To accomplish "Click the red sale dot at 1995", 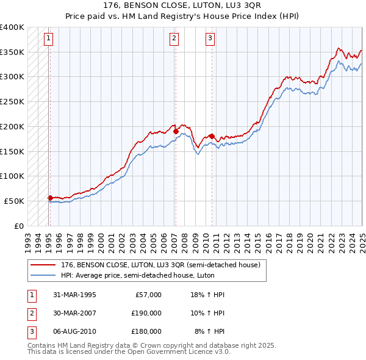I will (x=50, y=197).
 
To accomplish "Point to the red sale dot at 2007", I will (x=176, y=131).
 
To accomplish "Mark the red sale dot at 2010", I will (x=212, y=136).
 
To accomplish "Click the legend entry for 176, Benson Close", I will (x=160, y=265).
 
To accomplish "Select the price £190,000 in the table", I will (x=146, y=313).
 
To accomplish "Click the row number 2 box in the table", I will (x=31, y=313).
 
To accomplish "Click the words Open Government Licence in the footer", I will (x=158, y=352).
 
